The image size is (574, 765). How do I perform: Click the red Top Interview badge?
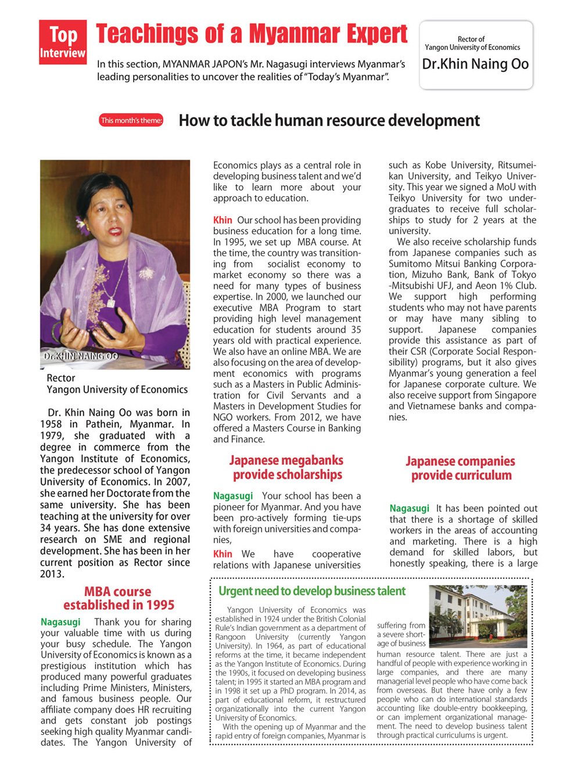point(63,42)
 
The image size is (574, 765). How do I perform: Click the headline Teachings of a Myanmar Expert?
point(252,34)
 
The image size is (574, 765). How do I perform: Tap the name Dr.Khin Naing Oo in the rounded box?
point(475,64)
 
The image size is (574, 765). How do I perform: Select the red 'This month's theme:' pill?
point(131,120)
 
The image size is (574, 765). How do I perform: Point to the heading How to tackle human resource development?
point(329,121)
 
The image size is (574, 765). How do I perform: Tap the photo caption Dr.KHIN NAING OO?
point(81,355)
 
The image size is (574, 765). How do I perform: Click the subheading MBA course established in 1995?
point(118,598)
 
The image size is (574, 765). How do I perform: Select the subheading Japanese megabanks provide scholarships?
point(287,468)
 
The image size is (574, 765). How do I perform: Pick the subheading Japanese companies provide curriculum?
point(461,468)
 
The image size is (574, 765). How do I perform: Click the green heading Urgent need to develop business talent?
point(312,591)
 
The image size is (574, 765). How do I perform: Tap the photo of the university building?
point(478,616)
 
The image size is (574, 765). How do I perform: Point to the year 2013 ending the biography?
point(52,574)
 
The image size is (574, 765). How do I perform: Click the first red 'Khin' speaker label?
point(223,220)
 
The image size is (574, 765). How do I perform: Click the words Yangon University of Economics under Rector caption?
point(117,390)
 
